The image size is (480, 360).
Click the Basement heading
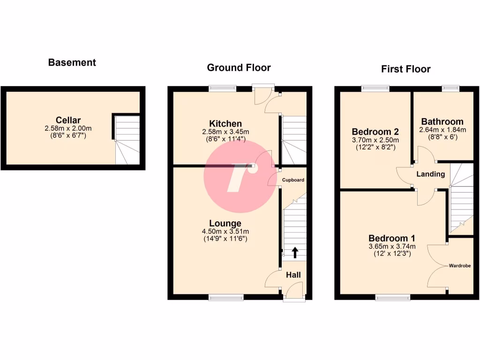(72, 62)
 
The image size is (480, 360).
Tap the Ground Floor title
(239, 67)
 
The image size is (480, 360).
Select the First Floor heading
(405, 69)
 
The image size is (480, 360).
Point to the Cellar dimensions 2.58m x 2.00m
(68, 128)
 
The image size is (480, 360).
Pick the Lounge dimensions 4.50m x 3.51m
(225, 231)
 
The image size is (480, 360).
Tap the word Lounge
(225, 223)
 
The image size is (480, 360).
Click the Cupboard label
(293, 180)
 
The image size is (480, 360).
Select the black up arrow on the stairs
(295, 253)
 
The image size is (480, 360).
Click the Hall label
(293, 275)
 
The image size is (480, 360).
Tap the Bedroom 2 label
(375, 131)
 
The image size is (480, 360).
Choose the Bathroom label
(442, 121)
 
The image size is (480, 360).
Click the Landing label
(431, 174)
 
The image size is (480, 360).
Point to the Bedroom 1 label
(391, 238)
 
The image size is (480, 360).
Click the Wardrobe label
(460, 266)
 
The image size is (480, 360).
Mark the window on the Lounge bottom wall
(226, 297)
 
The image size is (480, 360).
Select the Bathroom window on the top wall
(451, 87)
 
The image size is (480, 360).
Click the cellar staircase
(127, 139)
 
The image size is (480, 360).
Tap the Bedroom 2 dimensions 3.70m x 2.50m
(375, 140)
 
